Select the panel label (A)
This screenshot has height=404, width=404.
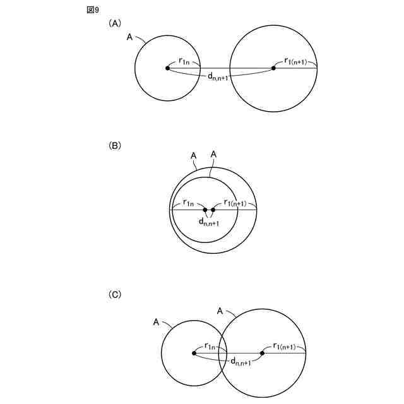[115, 23]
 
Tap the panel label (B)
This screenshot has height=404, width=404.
[115, 145]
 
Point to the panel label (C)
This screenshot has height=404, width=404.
[115, 294]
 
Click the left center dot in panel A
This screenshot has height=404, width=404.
[167, 68]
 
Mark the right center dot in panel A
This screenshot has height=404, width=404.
[274, 68]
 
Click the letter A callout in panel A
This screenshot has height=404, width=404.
[129, 37]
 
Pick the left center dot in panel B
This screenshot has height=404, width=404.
[205, 210]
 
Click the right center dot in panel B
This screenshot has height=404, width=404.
[213, 210]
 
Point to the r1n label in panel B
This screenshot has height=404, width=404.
[189, 203]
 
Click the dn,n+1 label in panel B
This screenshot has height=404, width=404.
[209, 222]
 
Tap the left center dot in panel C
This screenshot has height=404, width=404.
[194, 353]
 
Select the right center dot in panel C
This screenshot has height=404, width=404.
[263, 353]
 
